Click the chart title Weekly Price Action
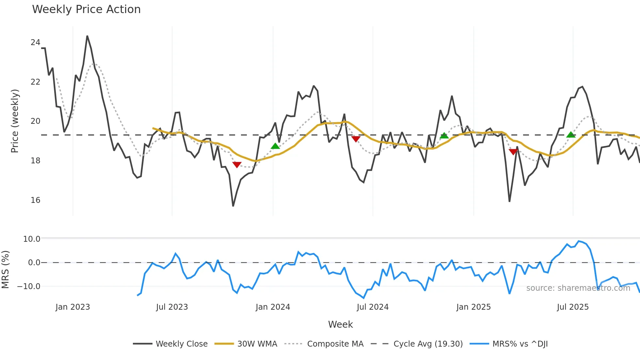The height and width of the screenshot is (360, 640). coord(86,9)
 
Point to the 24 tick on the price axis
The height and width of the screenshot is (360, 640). coord(35,42)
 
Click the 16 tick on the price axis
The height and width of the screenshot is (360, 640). coord(35,200)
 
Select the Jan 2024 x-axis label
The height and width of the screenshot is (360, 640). coord(273,307)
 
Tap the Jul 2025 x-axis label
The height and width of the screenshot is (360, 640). coord(573,307)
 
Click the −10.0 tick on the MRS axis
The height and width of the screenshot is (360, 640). coord(29,286)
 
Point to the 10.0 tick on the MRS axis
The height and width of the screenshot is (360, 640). coord(32,239)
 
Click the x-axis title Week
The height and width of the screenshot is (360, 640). coord(340,324)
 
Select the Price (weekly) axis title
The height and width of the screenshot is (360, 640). coord(15,121)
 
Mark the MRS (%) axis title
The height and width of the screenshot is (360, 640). coord(5,270)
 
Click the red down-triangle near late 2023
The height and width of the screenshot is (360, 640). coord(237,165)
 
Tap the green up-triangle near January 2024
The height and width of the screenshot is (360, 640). coord(275,146)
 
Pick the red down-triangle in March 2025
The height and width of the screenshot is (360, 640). coord(513,152)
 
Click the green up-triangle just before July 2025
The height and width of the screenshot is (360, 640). coord(571,135)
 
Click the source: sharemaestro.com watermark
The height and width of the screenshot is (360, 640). coord(578,288)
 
